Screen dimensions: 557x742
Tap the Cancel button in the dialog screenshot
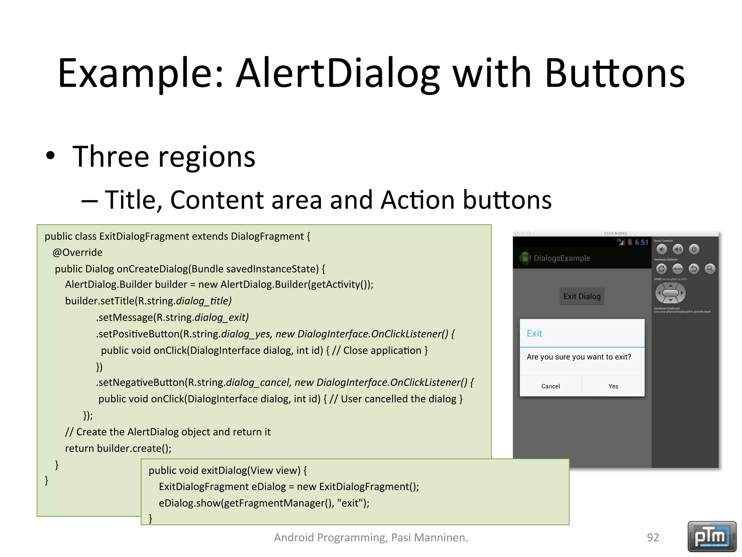pyautogui.click(x=550, y=386)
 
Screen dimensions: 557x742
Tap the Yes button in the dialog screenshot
pyautogui.click(x=613, y=386)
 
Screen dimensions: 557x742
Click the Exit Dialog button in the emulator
pyautogui.click(x=582, y=296)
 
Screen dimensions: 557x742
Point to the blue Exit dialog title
pyautogui.click(x=534, y=333)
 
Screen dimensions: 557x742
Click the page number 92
pyautogui.click(x=653, y=537)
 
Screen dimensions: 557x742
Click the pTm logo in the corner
pyautogui.click(x=712, y=536)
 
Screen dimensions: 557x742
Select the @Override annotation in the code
pyautogui.click(x=78, y=252)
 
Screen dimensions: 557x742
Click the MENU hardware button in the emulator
pyautogui.click(x=678, y=269)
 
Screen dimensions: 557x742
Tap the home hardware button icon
pyautogui.click(x=662, y=269)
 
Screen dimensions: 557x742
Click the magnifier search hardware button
pyautogui.click(x=710, y=269)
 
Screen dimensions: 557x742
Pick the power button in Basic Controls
pyautogui.click(x=694, y=249)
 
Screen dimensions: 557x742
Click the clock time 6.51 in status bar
pyautogui.click(x=641, y=242)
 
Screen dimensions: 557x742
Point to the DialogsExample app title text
pyautogui.click(x=562, y=258)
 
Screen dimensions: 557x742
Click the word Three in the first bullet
pyautogui.click(x=111, y=157)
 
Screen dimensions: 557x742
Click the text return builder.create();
pyautogui.click(x=118, y=449)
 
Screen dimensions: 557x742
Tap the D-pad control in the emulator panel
pyautogui.click(x=670, y=293)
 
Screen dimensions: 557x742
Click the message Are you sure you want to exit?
pyautogui.click(x=579, y=357)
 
